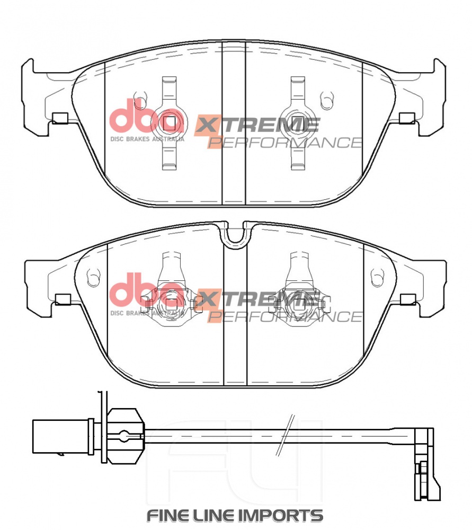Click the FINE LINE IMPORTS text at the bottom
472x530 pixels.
pos(235,516)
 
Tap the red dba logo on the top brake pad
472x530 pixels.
pos(147,116)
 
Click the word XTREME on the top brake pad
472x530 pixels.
pos(257,125)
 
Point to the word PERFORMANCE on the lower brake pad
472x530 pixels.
pos(285,316)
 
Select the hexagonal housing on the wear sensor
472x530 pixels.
pos(126,436)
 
